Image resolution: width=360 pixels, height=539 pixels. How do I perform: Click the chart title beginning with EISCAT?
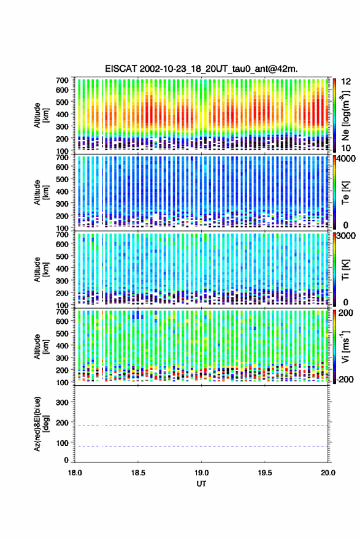202,69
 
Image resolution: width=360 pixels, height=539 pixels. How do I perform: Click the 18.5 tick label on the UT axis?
138,473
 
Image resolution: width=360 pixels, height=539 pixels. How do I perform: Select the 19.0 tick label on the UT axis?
202,473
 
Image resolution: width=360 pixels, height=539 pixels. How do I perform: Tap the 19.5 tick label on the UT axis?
265,473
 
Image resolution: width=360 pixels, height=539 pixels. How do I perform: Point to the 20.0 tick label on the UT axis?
328,473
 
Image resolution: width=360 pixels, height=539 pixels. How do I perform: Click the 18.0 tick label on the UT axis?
75,473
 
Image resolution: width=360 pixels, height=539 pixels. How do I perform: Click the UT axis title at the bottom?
201,484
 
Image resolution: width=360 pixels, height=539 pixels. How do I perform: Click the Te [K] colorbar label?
345,193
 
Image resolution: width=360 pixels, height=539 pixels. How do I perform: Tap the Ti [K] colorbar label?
345,270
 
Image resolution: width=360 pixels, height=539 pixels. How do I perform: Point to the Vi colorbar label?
345,346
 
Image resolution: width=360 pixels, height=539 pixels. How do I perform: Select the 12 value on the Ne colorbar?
346,82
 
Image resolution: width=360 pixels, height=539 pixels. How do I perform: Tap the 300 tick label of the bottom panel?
62,402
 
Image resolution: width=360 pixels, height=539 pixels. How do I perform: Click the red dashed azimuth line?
202,426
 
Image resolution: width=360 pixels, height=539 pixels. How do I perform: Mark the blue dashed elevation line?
202,446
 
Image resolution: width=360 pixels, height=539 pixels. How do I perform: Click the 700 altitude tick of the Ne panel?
62,80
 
